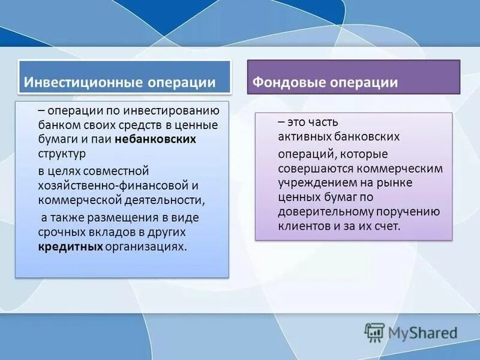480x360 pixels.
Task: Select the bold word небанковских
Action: coord(161,139)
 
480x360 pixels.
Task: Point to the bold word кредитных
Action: coord(70,247)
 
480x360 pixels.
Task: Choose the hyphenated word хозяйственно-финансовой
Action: coord(110,185)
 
